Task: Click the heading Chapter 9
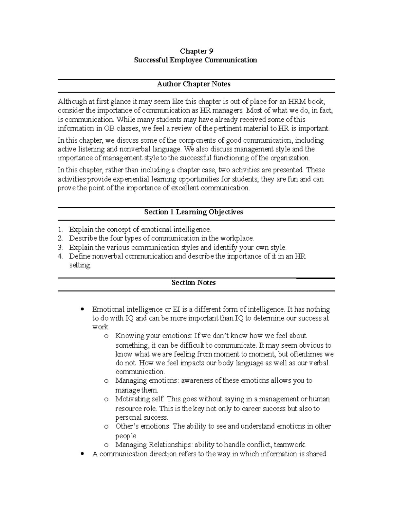pyautogui.click(x=196, y=51)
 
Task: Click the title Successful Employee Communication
pyautogui.click(x=196, y=60)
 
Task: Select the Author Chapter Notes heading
pyautogui.click(x=194, y=84)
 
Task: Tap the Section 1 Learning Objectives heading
pyautogui.click(x=194, y=212)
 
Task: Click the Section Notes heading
pyautogui.click(x=194, y=283)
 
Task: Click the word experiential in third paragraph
pyautogui.click(x=131, y=179)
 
